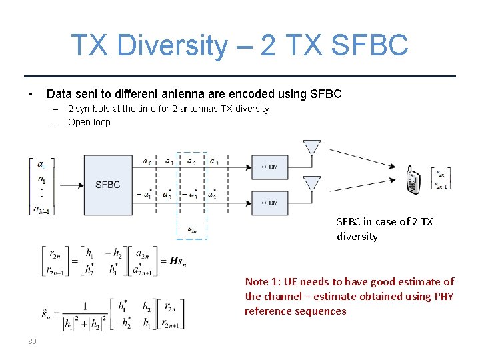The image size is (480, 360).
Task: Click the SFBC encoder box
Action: click(107, 185)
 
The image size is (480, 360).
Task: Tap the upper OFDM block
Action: click(269, 166)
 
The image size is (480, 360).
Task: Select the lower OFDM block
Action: click(269, 202)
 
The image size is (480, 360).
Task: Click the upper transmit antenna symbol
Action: click(311, 147)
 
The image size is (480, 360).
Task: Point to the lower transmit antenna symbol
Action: click(311, 183)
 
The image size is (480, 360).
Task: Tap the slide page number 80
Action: click(32, 341)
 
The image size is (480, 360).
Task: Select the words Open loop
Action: click(89, 122)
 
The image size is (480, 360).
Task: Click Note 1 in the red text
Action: click(265, 282)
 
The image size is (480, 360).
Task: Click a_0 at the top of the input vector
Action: click(41, 164)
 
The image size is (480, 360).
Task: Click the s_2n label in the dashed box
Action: click(191, 229)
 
